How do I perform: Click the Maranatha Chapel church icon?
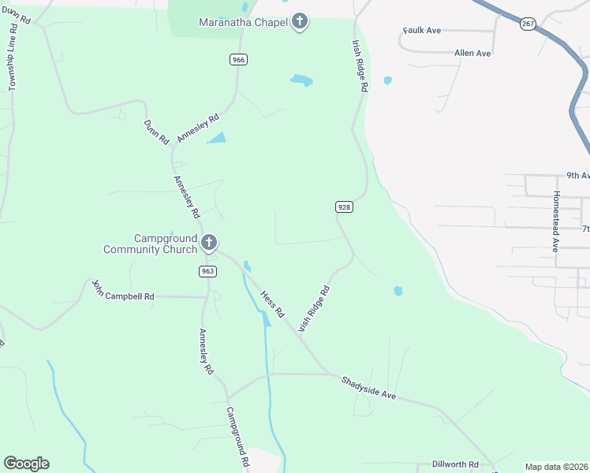pyautogui.click(x=300, y=21)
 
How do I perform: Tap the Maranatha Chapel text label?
pyautogui.click(x=243, y=21)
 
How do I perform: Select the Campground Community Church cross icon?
pyautogui.click(x=209, y=243)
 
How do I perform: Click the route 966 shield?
pyautogui.click(x=237, y=60)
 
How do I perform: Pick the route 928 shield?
pyautogui.click(x=343, y=207)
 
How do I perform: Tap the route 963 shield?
pyautogui.click(x=207, y=271)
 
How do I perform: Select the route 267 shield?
pyautogui.click(x=528, y=24)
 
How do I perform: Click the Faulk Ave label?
pyautogui.click(x=421, y=31)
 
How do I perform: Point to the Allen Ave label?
pyautogui.click(x=472, y=54)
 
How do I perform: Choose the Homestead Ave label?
pyautogui.click(x=556, y=221)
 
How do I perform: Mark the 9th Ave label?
pyautogui.click(x=578, y=176)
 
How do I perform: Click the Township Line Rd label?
pyautogui.click(x=13, y=63)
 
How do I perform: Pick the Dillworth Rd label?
pyautogui.click(x=455, y=464)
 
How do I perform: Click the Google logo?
pyautogui.click(x=26, y=464)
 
